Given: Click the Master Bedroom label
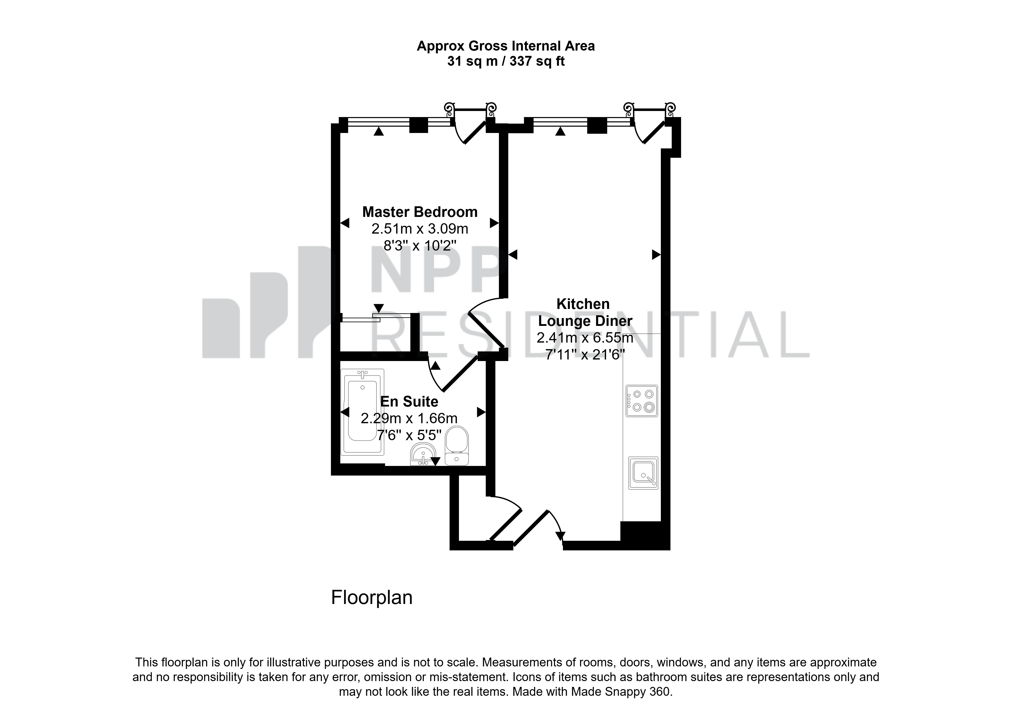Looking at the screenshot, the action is (x=420, y=212).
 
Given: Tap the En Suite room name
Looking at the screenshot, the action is (x=409, y=401).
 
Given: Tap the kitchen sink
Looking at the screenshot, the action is (x=643, y=473).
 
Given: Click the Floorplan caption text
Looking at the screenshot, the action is (x=372, y=597).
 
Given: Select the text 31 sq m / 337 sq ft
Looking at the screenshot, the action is (x=505, y=61).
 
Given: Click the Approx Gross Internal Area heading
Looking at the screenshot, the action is (x=505, y=46).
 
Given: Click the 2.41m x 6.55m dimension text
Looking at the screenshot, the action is (x=585, y=338).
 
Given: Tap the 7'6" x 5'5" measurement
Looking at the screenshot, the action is (x=409, y=435).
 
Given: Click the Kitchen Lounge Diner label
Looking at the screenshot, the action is (x=585, y=312).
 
